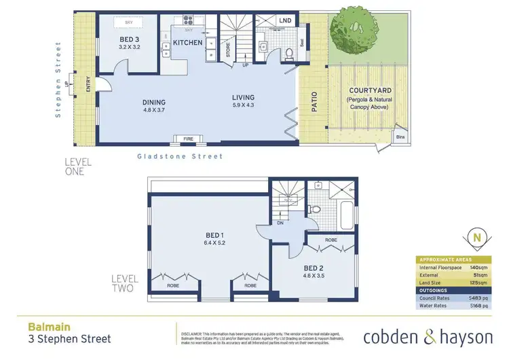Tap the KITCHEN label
(x=187, y=43)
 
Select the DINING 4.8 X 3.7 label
(x=154, y=106)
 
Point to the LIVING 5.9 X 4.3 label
(x=245, y=102)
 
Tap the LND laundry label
(x=285, y=21)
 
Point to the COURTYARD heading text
(x=367, y=90)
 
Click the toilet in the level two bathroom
(x=314, y=209)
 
